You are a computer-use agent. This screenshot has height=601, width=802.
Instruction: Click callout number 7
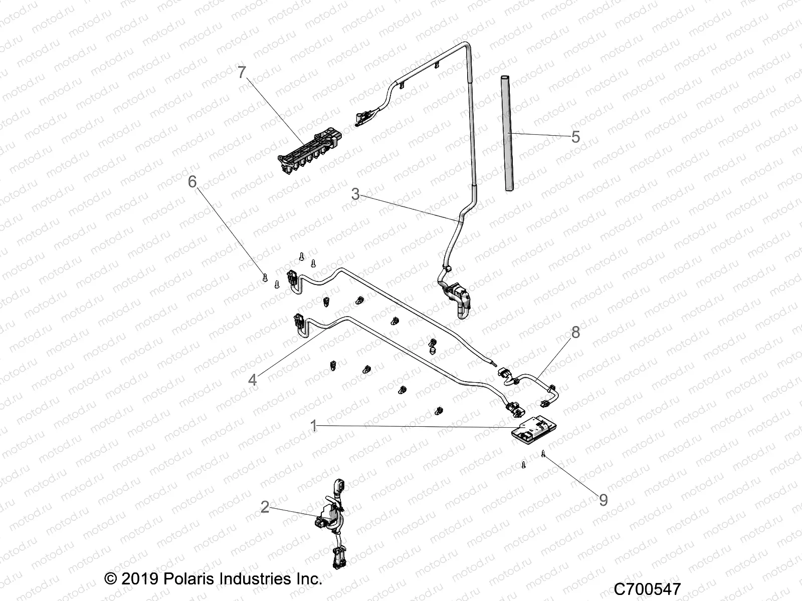tap(242, 73)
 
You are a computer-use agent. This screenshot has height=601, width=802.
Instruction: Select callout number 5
tap(575, 136)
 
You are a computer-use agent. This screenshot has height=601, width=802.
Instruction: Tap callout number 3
tap(355, 194)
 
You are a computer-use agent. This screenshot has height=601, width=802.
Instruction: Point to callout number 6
tap(192, 182)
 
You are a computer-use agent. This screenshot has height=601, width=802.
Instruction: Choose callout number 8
tap(575, 332)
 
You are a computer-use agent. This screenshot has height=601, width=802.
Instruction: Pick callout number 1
tap(314, 427)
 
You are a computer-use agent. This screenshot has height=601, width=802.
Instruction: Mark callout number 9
tap(604, 500)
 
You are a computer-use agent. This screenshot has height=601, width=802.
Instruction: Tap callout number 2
tap(265, 508)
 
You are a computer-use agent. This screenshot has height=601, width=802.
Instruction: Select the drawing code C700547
tap(647, 588)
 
